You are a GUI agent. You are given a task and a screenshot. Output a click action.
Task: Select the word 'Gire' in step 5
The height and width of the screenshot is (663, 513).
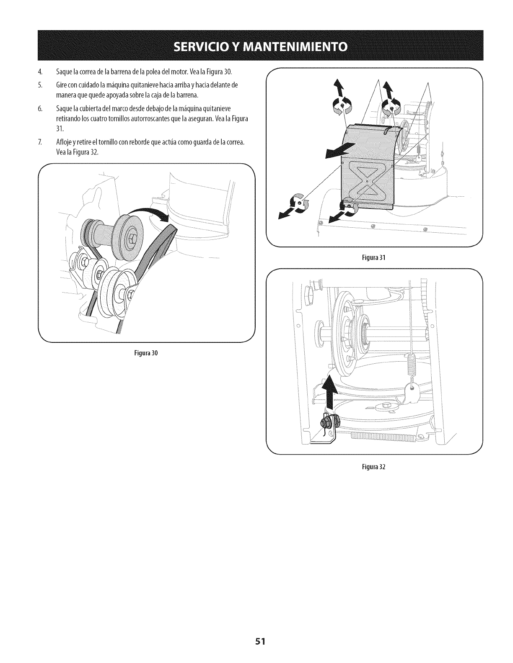pos(60,85)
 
